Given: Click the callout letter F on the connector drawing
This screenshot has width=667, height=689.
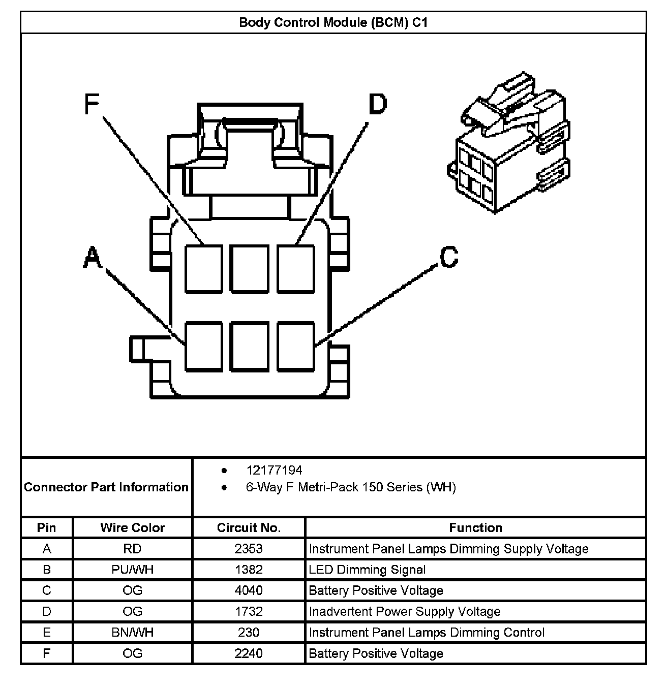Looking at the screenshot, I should [x=92, y=105].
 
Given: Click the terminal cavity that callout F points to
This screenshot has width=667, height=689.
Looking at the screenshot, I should [x=203, y=268].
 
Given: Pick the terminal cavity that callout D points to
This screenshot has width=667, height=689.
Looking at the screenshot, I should [x=296, y=268].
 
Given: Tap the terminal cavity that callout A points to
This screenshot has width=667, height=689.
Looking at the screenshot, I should [x=203, y=346].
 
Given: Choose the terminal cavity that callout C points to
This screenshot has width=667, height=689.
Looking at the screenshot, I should [x=296, y=346].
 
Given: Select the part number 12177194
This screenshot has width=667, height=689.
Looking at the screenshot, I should [x=274, y=470].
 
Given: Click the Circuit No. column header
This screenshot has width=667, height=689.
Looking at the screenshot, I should [x=249, y=527].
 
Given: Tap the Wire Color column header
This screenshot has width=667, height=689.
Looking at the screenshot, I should [x=133, y=527].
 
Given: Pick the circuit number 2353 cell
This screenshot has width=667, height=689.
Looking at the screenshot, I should [x=249, y=549].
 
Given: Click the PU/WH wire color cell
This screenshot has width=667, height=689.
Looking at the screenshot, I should [x=133, y=570].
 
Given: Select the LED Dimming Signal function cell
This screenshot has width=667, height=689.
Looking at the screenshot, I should [x=367, y=570].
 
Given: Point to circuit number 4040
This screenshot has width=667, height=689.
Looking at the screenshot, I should [x=249, y=590].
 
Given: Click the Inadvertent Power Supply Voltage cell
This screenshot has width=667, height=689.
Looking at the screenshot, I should [x=405, y=611].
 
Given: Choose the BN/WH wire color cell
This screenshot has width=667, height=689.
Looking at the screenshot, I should [x=133, y=632].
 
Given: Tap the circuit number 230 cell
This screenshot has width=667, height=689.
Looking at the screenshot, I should [x=249, y=632].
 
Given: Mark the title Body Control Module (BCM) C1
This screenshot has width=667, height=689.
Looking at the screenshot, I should [x=333, y=22].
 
